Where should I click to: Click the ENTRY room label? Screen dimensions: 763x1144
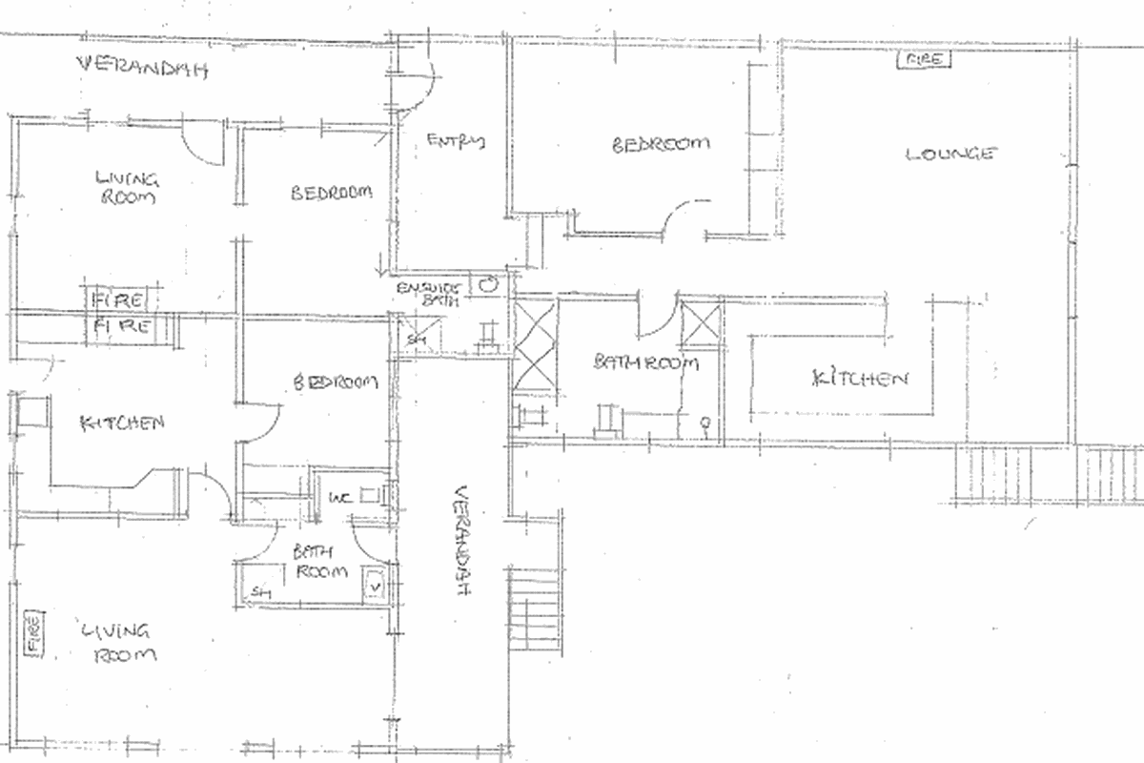pyautogui.click(x=456, y=142)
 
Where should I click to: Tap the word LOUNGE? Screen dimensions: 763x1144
pyautogui.click(x=950, y=154)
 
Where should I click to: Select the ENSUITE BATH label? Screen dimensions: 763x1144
pyautogui.click(x=429, y=293)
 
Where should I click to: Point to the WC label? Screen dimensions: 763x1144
pyautogui.click(x=340, y=498)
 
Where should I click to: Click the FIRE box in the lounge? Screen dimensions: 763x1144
pyautogui.click(x=923, y=60)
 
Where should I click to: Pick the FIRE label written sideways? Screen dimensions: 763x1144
pyautogui.click(x=31, y=633)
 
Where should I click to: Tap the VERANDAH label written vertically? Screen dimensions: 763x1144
pyautogui.click(x=461, y=541)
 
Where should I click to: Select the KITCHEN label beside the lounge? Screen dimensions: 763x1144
pyautogui.click(x=858, y=379)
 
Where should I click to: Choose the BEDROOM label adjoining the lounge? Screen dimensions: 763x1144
pyautogui.click(x=661, y=144)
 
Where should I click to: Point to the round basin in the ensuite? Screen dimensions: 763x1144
pyautogui.click(x=489, y=283)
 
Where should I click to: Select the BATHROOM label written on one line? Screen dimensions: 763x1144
pyautogui.click(x=646, y=363)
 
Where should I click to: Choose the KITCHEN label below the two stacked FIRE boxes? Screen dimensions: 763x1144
pyautogui.click(x=124, y=422)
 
